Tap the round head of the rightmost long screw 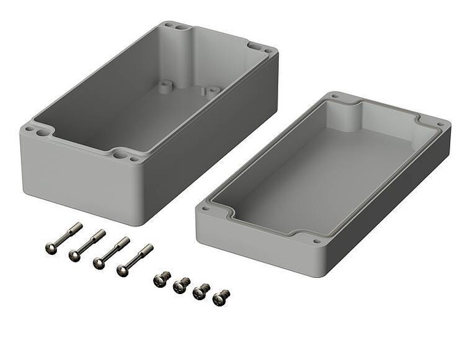[x=124, y=269]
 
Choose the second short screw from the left [x=182, y=285]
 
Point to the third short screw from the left [x=201, y=292]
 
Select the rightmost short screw [x=220, y=298]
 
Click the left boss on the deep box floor [x=165, y=86]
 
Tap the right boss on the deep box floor [x=208, y=90]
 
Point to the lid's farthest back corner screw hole [x=336, y=97]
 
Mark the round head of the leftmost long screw [x=49, y=249]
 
